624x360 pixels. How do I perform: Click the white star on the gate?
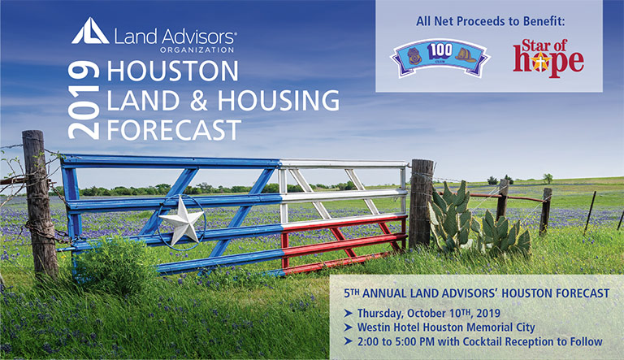(181, 220)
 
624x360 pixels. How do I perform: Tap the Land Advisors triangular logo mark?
(90, 31)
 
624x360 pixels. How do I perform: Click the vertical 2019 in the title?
(84, 100)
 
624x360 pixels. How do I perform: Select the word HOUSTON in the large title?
(173, 71)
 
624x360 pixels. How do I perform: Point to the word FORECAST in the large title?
(174, 130)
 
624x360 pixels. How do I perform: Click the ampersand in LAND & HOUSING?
(199, 100)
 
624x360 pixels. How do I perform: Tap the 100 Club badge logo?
(440, 58)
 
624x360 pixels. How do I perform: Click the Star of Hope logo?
(548, 58)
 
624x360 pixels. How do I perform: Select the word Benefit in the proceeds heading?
(544, 21)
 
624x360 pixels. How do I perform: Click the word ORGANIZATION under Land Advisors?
(197, 50)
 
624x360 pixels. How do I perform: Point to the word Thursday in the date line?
(380, 314)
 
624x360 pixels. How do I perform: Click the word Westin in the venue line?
(374, 327)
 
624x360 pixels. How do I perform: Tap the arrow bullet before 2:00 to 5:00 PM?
(349, 341)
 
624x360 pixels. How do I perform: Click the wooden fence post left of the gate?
(39, 204)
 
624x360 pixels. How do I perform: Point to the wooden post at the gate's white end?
(421, 203)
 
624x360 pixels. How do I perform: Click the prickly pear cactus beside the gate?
(478, 220)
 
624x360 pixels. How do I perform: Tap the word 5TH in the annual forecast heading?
(352, 293)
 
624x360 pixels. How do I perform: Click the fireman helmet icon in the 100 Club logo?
(466, 55)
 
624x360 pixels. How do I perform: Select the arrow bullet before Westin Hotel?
(349, 327)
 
